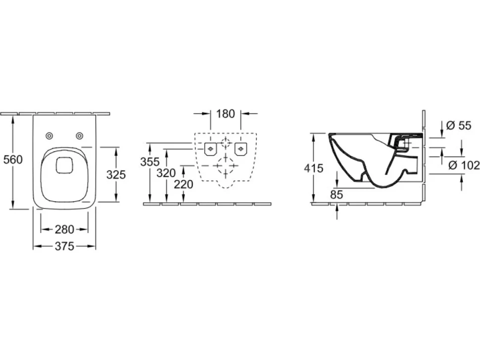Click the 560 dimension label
13,159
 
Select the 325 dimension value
116,175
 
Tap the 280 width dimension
65,229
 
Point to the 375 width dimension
65,246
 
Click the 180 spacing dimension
226,114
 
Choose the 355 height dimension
150,162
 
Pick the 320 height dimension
166,173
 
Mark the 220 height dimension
184,184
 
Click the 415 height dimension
313,168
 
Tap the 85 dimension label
336,194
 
